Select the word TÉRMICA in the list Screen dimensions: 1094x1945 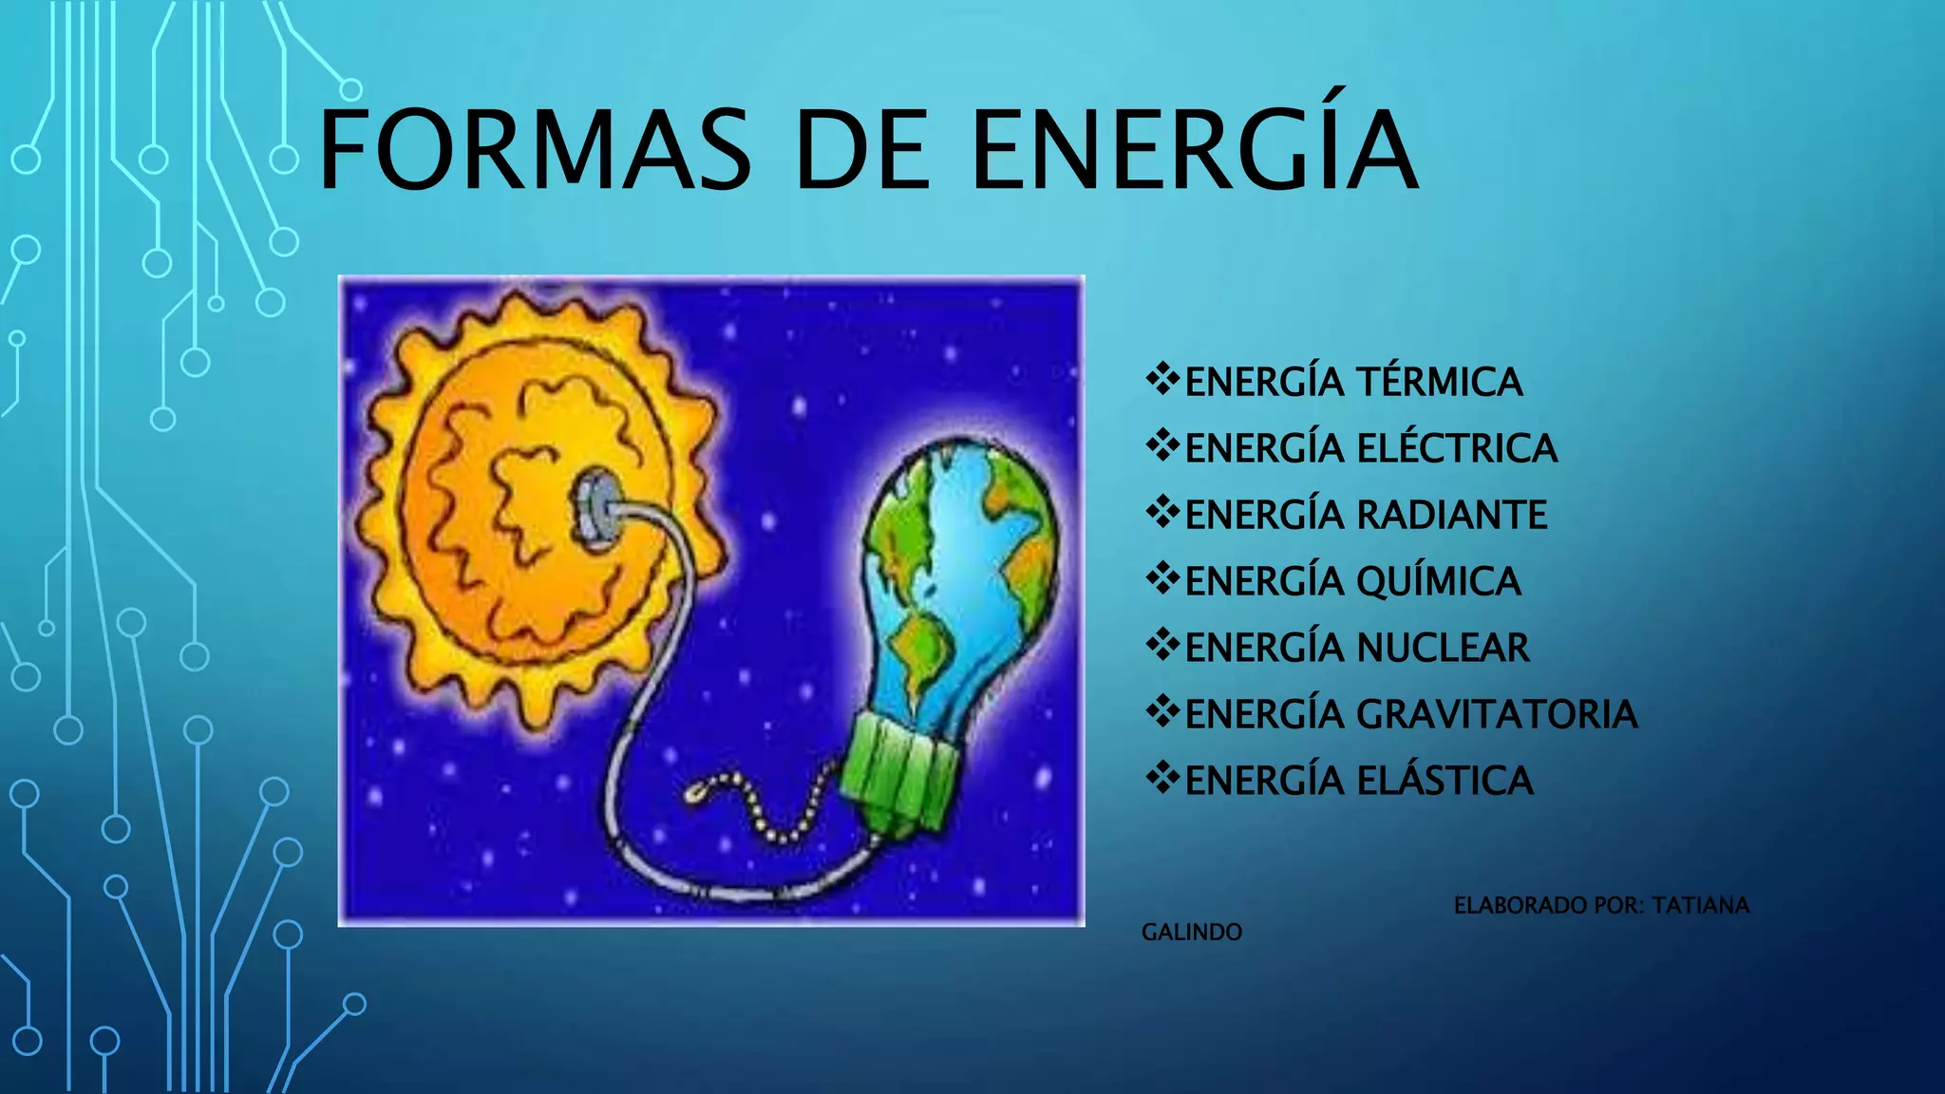(x=1439, y=383)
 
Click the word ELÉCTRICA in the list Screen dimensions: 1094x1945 (x=1457, y=449)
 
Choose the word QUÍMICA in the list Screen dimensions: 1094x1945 (x=1438, y=582)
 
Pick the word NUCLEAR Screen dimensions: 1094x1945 (x=1443, y=649)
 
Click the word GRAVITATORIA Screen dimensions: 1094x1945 (x=1497, y=715)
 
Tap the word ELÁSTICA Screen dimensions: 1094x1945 (x=1445, y=782)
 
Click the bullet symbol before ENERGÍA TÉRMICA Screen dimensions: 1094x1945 (x=1162, y=380)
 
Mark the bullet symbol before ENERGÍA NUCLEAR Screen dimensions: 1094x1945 (x=1162, y=646)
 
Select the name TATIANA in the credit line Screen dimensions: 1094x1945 (x=1700, y=906)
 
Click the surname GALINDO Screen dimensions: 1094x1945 (x=1191, y=933)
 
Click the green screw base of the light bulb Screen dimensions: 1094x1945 (x=897, y=769)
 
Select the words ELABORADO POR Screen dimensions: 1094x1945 (x=1547, y=906)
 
